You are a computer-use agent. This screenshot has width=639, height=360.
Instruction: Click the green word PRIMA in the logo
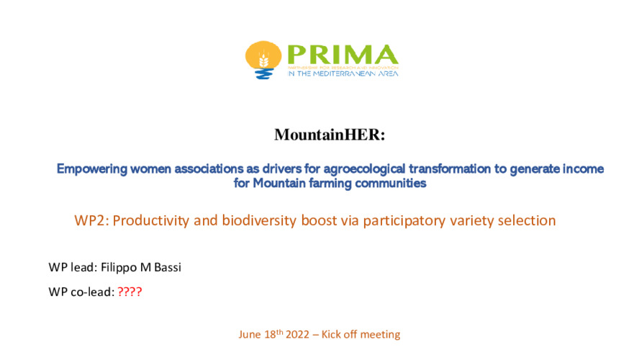coord(341,55)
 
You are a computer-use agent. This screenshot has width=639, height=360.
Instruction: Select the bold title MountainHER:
coord(319,135)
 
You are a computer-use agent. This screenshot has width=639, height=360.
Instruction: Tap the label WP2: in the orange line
coord(91,220)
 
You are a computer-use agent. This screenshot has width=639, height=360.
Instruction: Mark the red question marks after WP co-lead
coord(130,292)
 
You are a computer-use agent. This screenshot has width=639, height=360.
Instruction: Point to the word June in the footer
coord(250,335)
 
